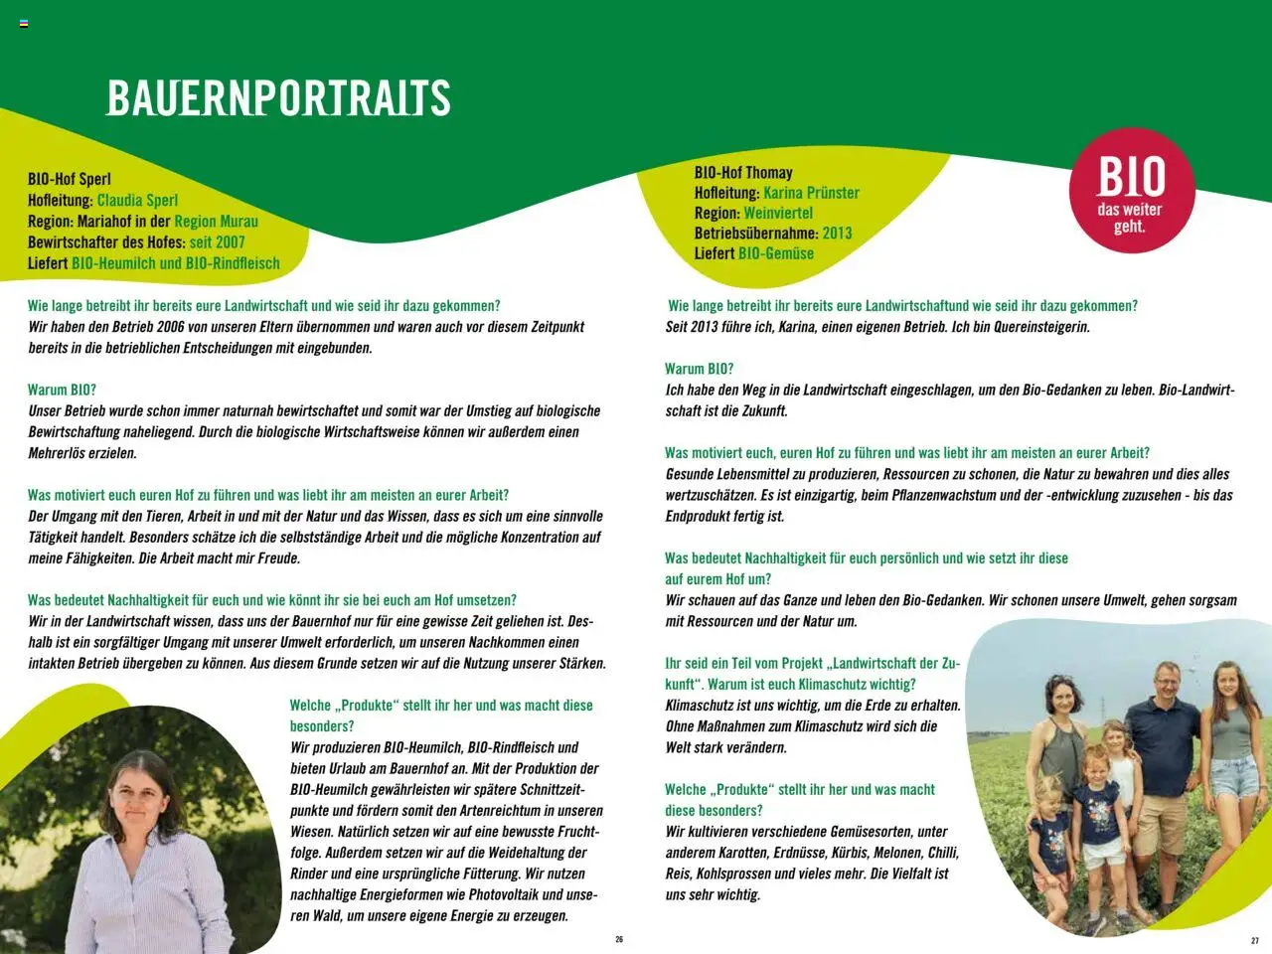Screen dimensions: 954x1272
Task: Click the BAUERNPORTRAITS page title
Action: pos(278,97)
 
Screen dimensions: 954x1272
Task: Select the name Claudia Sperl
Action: pos(137,201)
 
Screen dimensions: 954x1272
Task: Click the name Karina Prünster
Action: pos(811,193)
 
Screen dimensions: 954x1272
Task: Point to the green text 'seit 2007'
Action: pos(217,242)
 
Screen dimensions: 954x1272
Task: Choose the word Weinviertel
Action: pos(778,214)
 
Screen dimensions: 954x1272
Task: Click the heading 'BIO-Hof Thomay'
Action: pos(743,173)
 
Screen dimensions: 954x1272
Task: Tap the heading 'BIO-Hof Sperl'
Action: pos(70,180)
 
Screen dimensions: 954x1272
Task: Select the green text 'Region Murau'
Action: pos(216,222)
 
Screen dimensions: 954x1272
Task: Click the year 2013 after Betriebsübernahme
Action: pos(837,234)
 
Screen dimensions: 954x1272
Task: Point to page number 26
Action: pos(619,939)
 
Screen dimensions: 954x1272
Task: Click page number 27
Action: pos(1254,940)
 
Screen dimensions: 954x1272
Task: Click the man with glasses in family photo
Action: pos(1163,686)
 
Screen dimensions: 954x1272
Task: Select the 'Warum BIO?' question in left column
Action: pos(62,390)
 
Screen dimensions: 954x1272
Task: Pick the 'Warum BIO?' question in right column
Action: pos(699,369)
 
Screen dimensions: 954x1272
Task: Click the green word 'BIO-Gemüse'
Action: pos(776,253)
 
